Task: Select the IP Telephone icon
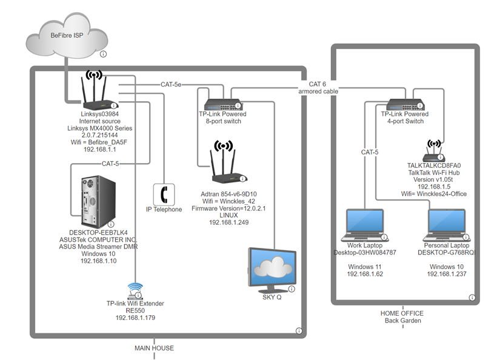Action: [x=164, y=194]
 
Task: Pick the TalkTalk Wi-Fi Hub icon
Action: [x=434, y=152]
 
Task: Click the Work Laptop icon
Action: [x=364, y=225]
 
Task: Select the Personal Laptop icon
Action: [x=447, y=225]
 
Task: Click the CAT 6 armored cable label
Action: [x=318, y=87]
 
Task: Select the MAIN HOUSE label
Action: [x=154, y=348]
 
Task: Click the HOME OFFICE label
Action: [x=402, y=313]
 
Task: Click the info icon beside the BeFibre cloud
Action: [x=103, y=54]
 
